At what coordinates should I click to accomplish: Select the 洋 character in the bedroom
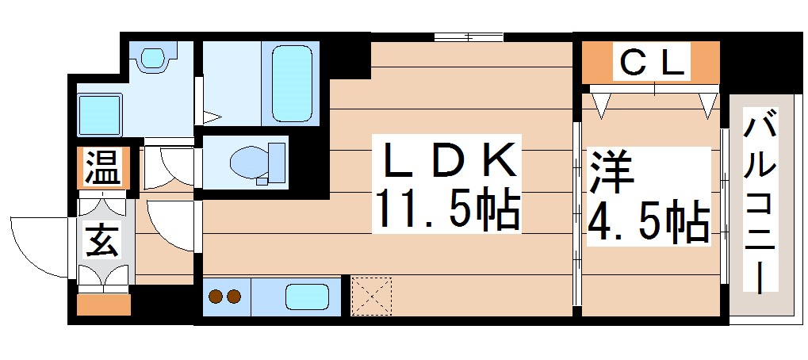coord(609,173)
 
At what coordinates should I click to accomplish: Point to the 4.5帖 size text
coord(647,223)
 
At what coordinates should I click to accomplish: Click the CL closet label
coord(651,63)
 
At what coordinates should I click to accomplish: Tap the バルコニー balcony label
coord(761,204)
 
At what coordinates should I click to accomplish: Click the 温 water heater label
coord(103,167)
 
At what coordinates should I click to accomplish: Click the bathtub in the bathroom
coord(293,82)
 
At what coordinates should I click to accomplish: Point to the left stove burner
coord(216,297)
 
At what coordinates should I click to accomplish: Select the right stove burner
coord(233,297)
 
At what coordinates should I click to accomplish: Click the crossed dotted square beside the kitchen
coord(372,296)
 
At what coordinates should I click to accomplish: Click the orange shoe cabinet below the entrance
coord(104,305)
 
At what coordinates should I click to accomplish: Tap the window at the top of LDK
coord(468,36)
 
